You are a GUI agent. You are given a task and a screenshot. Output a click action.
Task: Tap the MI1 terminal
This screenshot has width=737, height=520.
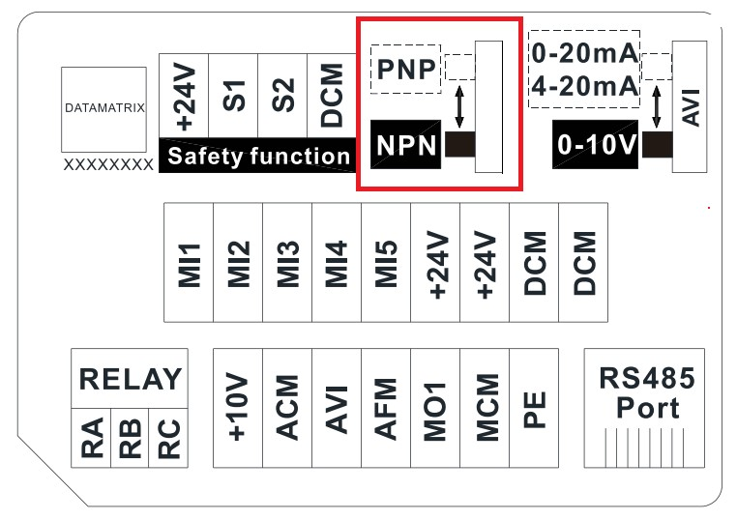coord(189,262)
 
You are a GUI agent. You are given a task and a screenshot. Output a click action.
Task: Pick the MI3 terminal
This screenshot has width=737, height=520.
coord(287,262)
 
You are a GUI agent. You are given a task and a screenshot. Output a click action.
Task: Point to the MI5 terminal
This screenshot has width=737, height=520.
coord(386,262)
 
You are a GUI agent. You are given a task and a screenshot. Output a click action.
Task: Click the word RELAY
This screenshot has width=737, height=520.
coord(130,379)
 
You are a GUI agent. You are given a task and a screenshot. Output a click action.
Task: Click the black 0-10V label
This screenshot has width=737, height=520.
coord(596,146)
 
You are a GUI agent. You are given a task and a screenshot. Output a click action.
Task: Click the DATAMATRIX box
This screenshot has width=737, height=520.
coord(104,109)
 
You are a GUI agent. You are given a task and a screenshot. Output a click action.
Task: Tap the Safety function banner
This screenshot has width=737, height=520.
coord(259,156)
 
